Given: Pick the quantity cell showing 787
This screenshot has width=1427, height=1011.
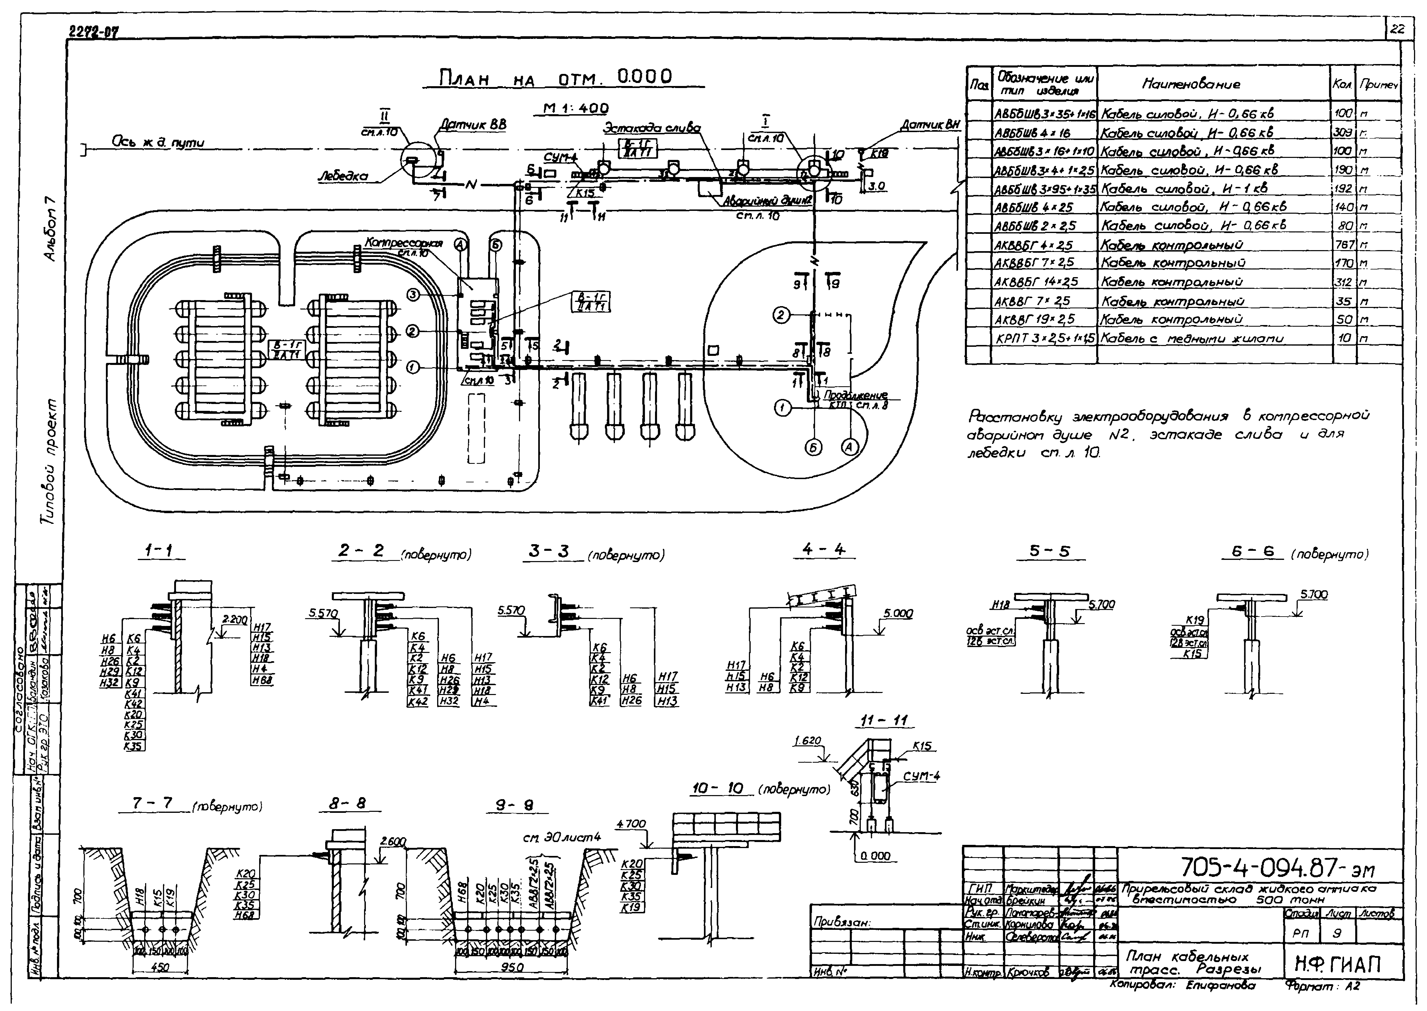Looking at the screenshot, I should (x=1344, y=245).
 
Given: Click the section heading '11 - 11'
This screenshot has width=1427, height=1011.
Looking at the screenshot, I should (x=884, y=720).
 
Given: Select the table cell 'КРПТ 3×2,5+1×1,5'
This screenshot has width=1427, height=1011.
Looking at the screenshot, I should (x=1044, y=338).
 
